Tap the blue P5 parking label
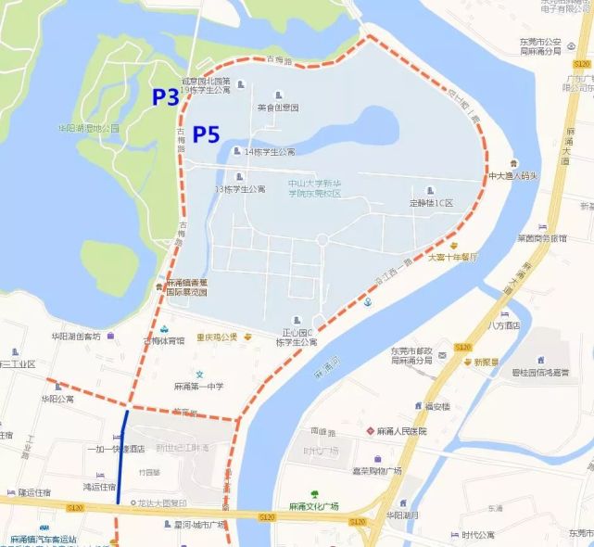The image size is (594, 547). (206, 135)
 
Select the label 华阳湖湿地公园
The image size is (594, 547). (89, 128)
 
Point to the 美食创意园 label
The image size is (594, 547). (278, 108)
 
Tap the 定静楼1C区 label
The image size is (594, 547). (432, 202)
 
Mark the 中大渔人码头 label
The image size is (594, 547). (514, 174)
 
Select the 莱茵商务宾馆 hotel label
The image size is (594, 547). (543, 237)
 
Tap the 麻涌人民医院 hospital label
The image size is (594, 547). (400, 431)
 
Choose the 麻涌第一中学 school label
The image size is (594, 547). (202, 386)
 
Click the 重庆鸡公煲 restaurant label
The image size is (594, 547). (216, 337)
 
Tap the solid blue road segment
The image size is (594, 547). (122, 458)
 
